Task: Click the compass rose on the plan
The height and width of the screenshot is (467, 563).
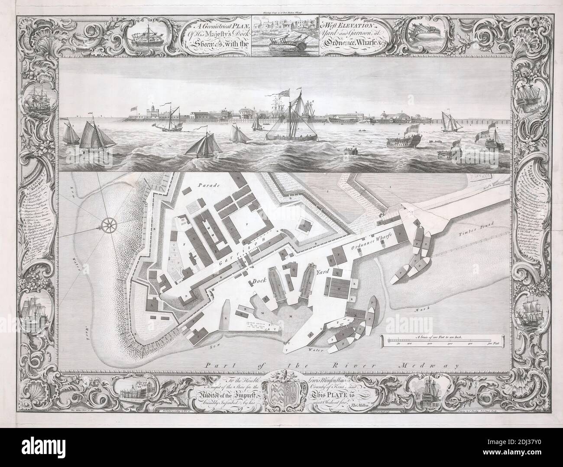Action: click(x=108, y=224)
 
